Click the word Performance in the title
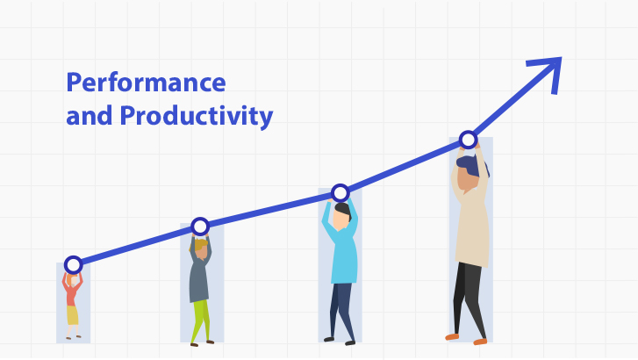click(x=146, y=83)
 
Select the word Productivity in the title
click(x=197, y=116)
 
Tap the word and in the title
click(x=90, y=115)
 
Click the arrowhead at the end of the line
click(x=548, y=72)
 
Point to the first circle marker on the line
click(x=73, y=265)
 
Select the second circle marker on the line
click(x=200, y=227)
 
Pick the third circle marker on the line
click(x=341, y=192)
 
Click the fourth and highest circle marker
click(x=469, y=140)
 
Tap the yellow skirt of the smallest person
click(x=73, y=315)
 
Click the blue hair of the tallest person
click(x=472, y=164)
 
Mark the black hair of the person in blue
click(x=343, y=210)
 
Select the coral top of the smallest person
click(x=72, y=292)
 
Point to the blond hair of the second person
click(x=199, y=244)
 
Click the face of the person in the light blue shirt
click(x=341, y=220)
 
